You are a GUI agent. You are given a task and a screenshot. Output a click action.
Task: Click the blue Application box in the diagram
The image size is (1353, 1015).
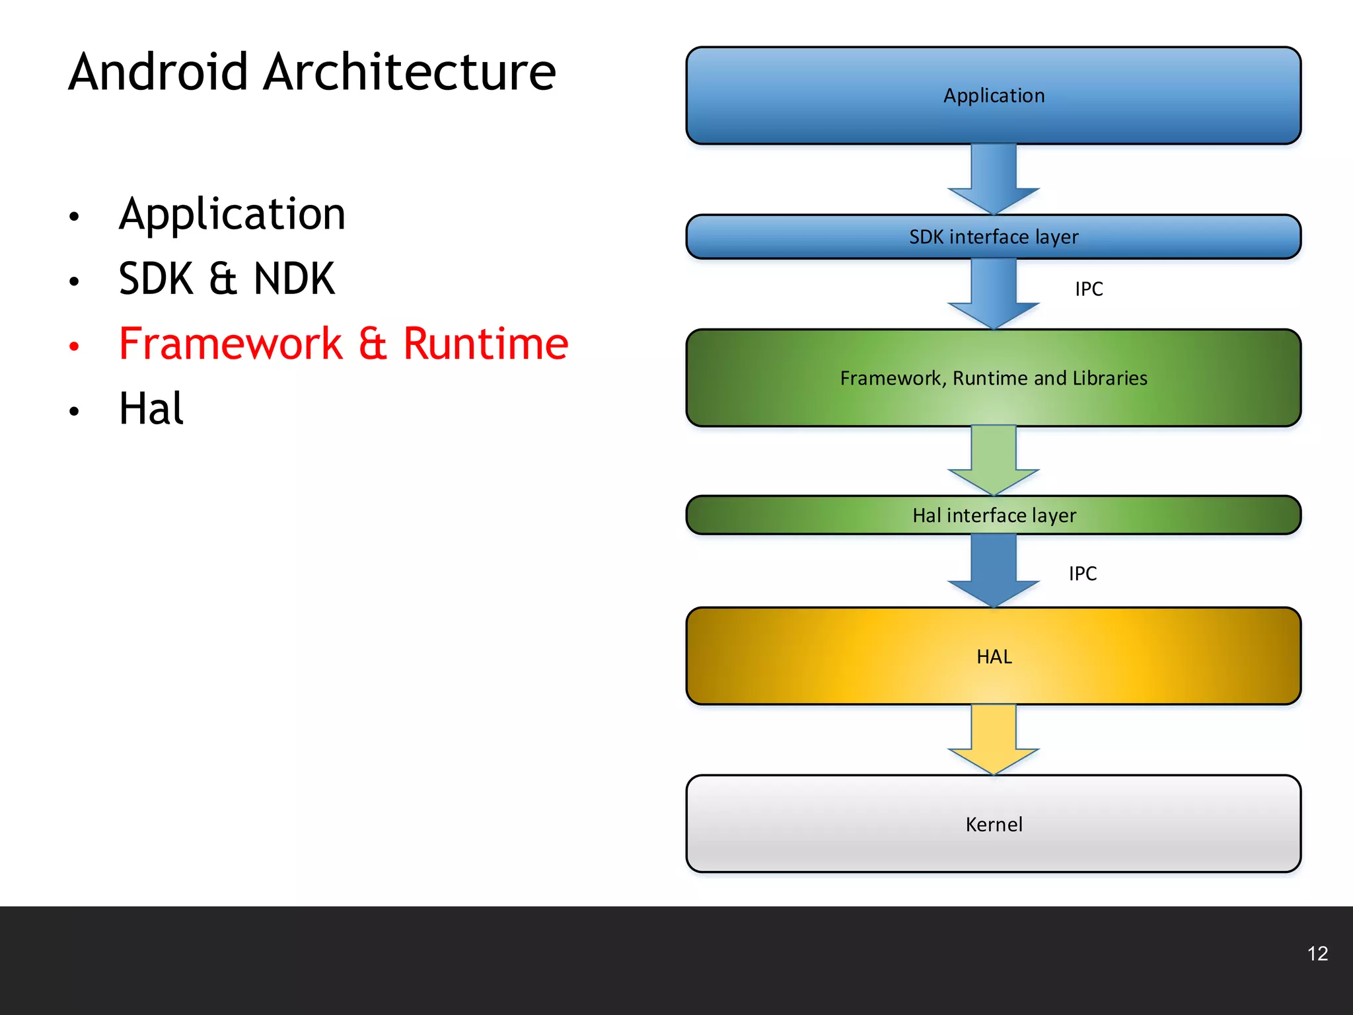coord(993,96)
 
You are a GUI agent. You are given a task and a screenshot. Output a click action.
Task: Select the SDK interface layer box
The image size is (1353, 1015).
coord(993,237)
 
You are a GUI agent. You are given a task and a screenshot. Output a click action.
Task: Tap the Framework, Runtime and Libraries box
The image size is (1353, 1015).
coord(993,378)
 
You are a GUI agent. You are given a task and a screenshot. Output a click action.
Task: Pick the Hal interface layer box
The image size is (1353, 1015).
coord(993,515)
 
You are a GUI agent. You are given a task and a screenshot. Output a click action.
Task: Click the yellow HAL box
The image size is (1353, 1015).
coord(993,656)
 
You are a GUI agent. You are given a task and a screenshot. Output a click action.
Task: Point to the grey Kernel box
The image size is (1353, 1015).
coord(993,824)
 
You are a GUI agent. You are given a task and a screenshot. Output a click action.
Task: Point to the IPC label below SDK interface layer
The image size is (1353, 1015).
coord(1089,289)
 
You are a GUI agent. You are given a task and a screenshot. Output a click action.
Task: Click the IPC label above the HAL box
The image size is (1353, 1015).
coord(1083,574)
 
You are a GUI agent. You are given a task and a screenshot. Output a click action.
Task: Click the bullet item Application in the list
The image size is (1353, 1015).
coord(232,215)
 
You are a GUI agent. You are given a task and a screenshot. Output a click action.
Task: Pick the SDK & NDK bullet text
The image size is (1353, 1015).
coord(227,279)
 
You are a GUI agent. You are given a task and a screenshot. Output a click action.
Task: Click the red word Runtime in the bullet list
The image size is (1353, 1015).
coord(486,344)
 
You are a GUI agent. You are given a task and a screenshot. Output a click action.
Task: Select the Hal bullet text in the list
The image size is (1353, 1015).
coord(151,408)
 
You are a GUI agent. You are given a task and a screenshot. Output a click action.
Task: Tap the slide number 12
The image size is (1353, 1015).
coord(1317,954)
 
